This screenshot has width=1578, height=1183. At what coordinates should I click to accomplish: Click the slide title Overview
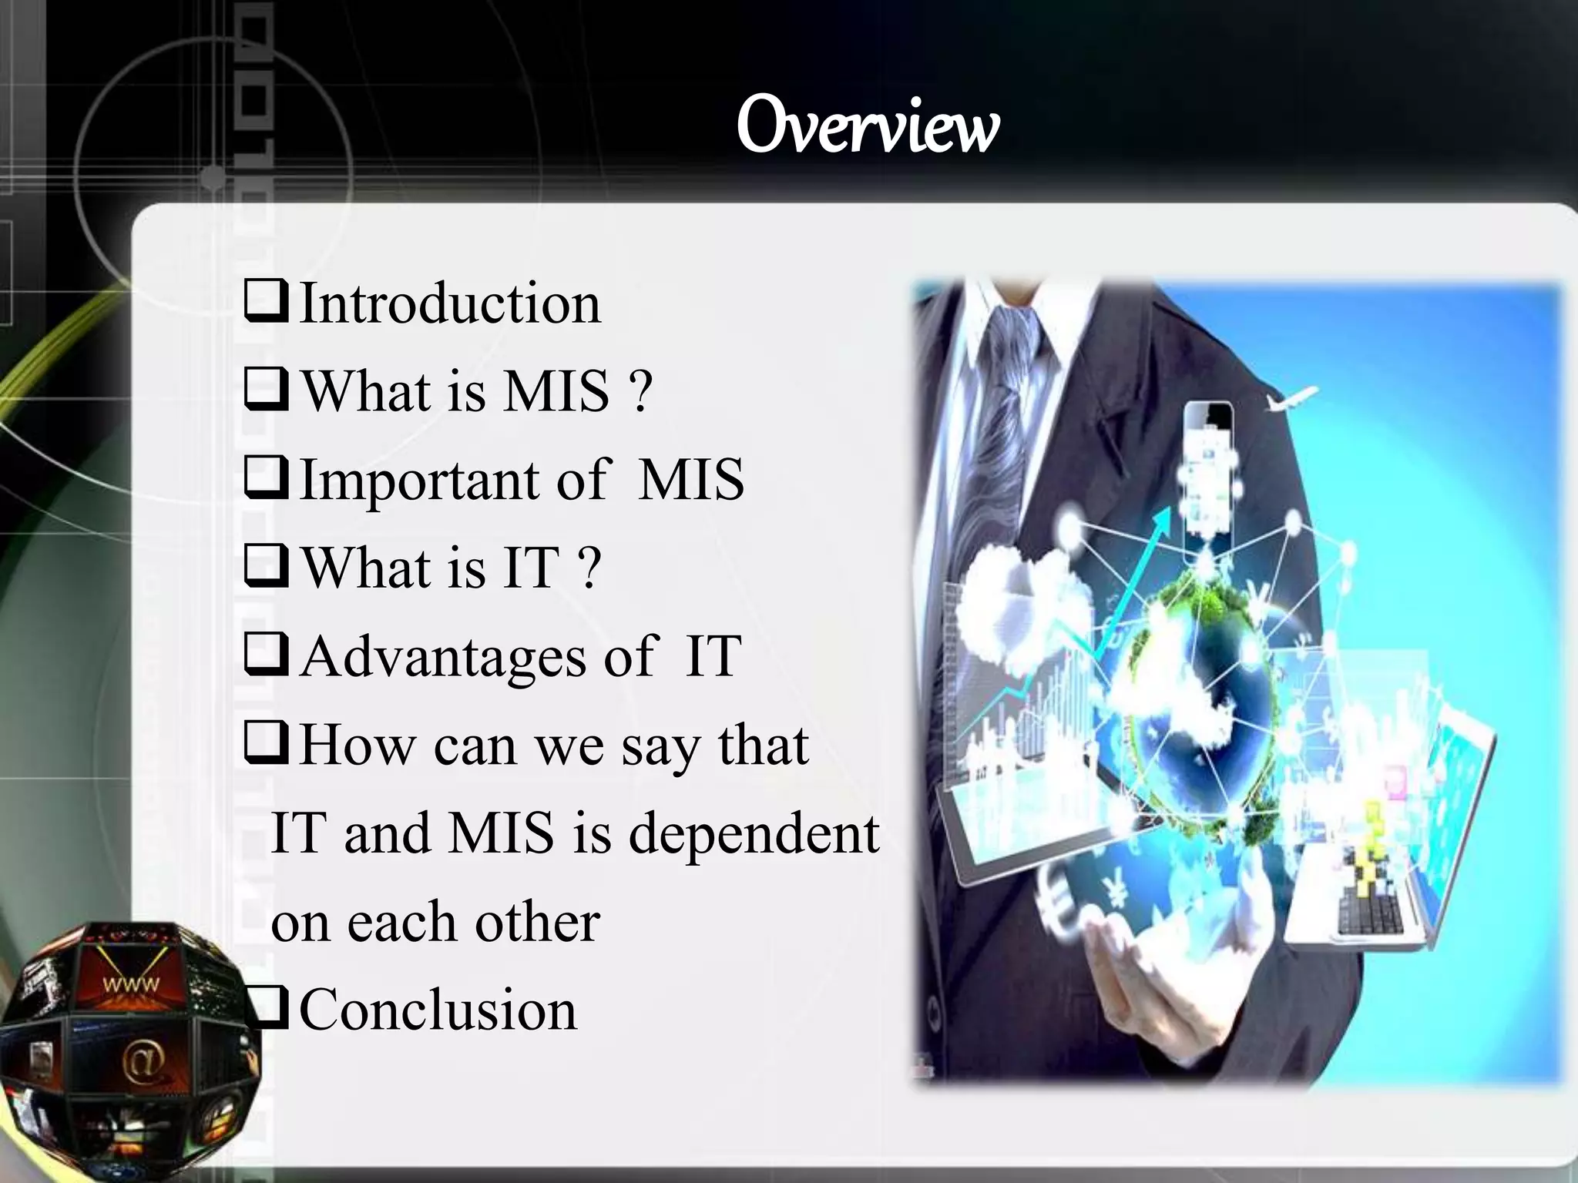pyautogui.click(x=868, y=126)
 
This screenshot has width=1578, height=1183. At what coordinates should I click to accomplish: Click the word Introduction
pyautogui.click(x=450, y=303)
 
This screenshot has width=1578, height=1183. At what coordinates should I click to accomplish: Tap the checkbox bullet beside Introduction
pyautogui.click(x=267, y=302)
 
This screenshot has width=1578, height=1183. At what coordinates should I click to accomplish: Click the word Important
pyautogui.click(x=419, y=481)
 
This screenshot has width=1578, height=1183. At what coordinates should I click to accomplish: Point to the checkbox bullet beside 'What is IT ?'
pyautogui.click(x=267, y=567)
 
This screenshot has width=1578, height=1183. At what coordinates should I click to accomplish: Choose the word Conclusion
pyautogui.click(x=438, y=1010)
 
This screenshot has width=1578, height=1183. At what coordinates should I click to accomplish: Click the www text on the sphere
pyautogui.click(x=132, y=984)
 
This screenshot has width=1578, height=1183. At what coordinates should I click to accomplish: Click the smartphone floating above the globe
pyautogui.click(x=1207, y=466)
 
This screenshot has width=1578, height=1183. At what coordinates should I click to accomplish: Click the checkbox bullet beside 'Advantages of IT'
pyautogui.click(x=267, y=656)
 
